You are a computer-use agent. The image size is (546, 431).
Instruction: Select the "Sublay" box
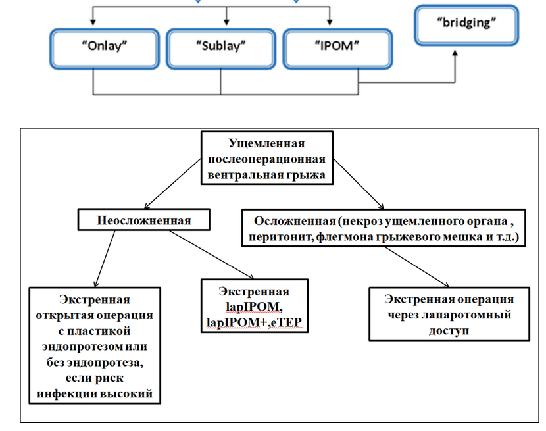pos(220,47)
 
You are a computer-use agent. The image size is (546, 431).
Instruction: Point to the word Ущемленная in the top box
pos(266,143)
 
